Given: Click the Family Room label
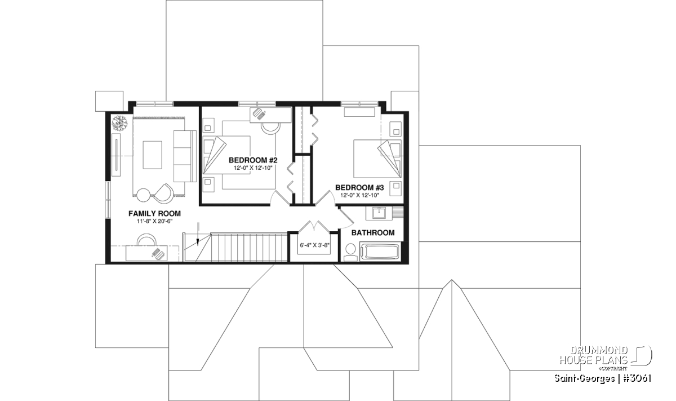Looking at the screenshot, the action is pyautogui.click(x=154, y=214).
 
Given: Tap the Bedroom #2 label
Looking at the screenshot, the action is pyautogui.click(x=253, y=160).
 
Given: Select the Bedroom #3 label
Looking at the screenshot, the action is pyautogui.click(x=359, y=188).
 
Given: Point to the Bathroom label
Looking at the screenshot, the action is pyautogui.click(x=373, y=233).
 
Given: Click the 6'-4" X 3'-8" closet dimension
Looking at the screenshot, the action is pyautogui.click(x=314, y=245).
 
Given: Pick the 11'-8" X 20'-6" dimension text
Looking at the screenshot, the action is pyautogui.click(x=154, y=222).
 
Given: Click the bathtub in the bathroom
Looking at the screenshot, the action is pyautogui.click(x=380, y=251).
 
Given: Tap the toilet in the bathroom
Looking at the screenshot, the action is pyautogui.click(x=350, y=252).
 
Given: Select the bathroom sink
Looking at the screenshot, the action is pyautogui.click(x=378, y=213).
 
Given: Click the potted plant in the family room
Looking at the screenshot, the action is pyautogui.click(x=120, y=124).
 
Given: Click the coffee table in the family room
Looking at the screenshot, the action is pyautogui.click(x=153, y=155).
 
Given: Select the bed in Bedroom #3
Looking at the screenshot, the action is pyautogui.click(x=377, y=158).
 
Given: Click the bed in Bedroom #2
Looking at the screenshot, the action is pyautogui.click(x=226, y=155).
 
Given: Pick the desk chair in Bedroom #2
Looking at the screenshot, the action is pyautogui.click(x=271, y=128).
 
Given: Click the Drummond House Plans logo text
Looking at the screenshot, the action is pyautogui.click(x=594, y=355).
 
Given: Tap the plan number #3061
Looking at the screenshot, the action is pyautogui.click(x=636, y=378).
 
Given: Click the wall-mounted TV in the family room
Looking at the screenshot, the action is pyautogui.click(x=116, y=154).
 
